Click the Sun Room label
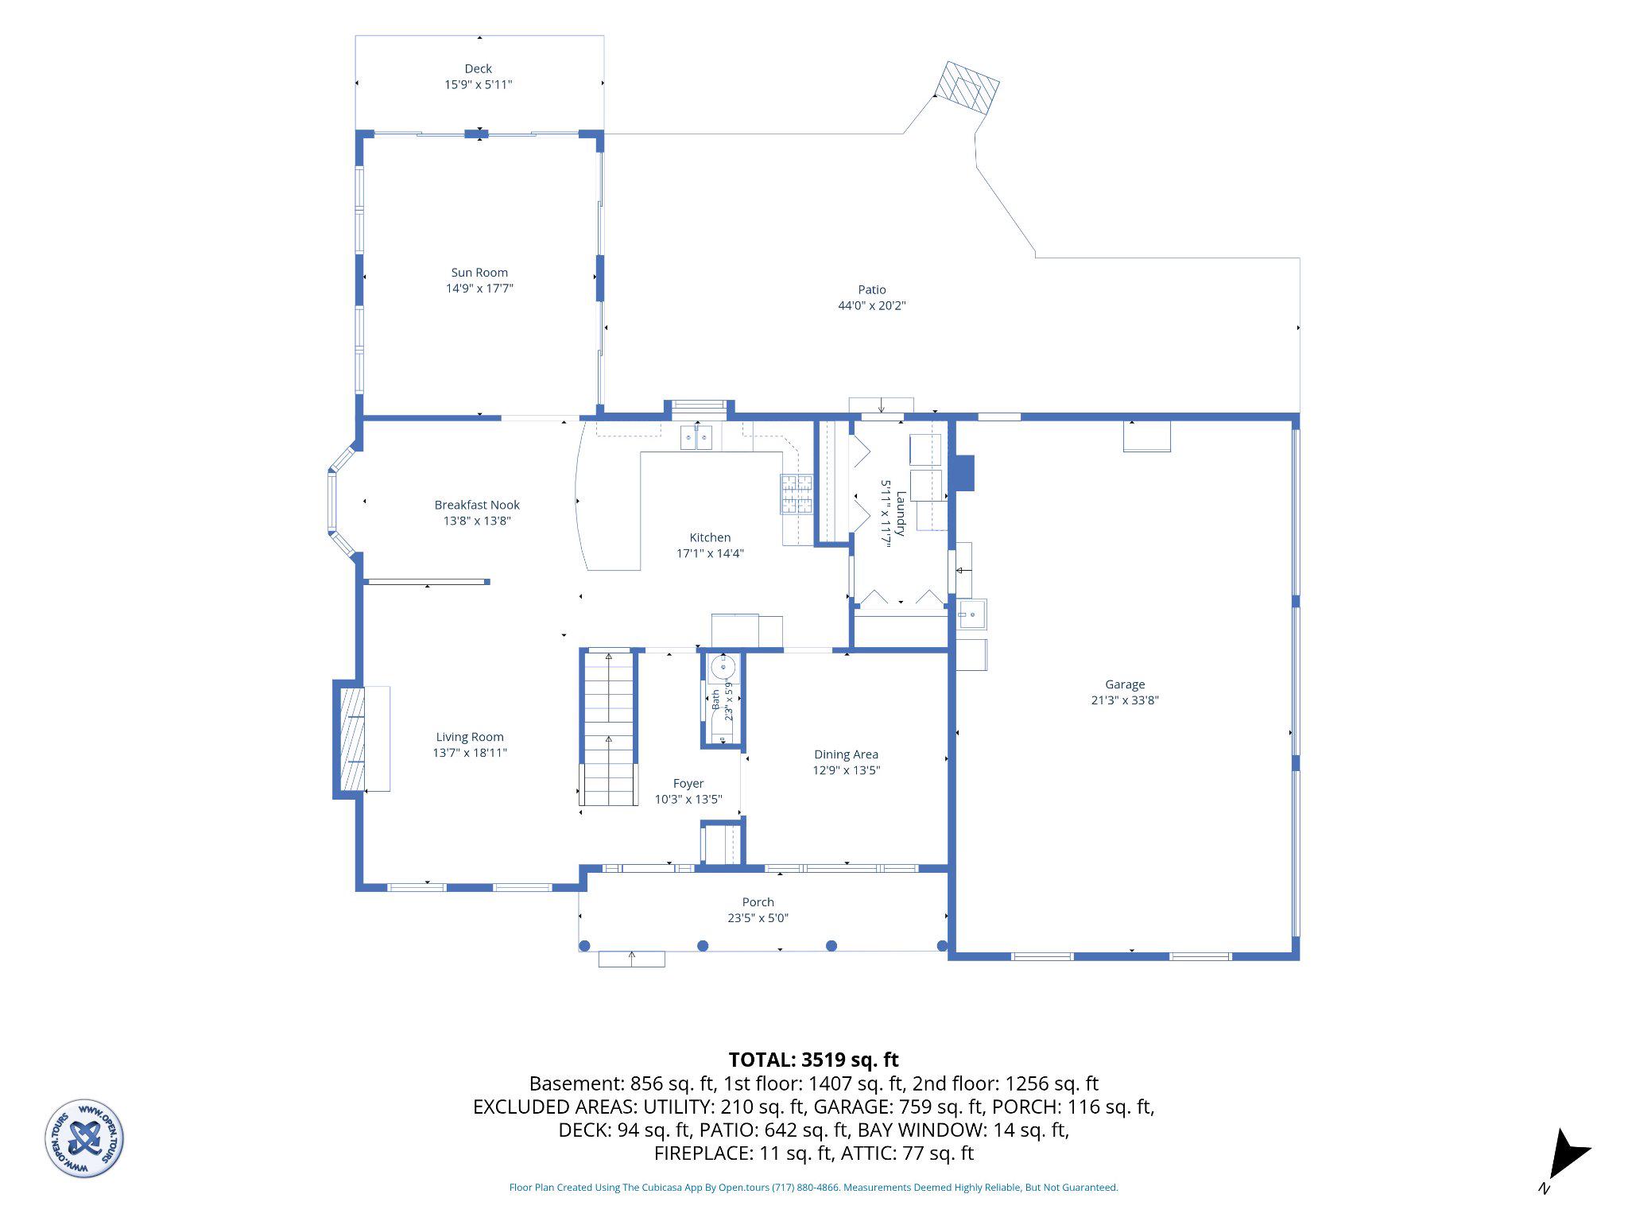[x=479, y=273]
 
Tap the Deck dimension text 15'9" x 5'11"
[x=478, y=84]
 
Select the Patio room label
[x=871, y=290]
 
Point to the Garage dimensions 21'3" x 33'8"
[x=1125, y=700]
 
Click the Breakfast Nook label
[x=477, y=505]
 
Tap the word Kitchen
[x=710, y=537]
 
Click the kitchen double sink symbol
[x=697, y=437]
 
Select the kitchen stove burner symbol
[x=797, y=494]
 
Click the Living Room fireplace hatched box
[x=352, y=739]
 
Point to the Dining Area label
[x=846, y=754]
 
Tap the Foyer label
[x=688, y=784]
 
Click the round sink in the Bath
[x=723, y=667]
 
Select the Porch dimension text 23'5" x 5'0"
[x=758, y=918]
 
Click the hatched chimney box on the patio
[x=966, y=88]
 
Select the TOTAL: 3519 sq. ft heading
[x=813, y=1060]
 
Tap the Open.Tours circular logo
[x=84, y=1138]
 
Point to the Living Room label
[x=470, y=737]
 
